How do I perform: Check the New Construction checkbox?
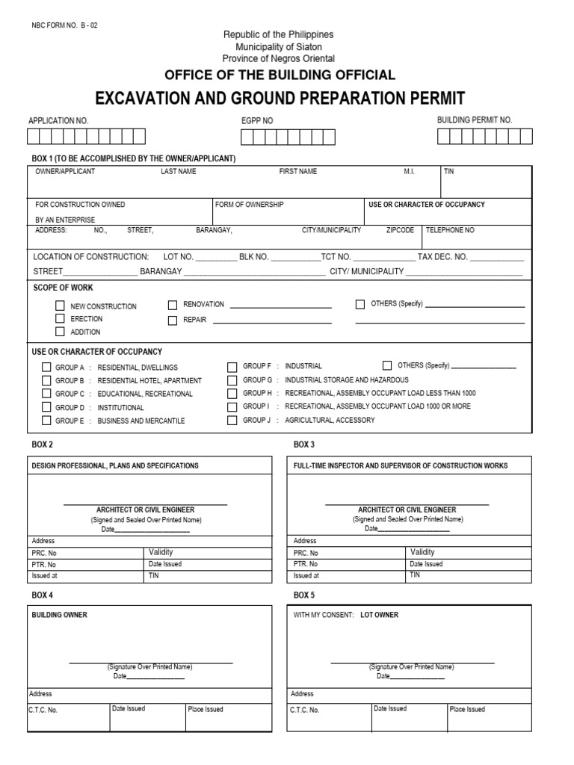tap(61, 306)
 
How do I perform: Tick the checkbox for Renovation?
tap(173, 305)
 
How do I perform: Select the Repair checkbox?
tap(173, 320)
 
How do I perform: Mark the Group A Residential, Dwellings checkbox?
tap(46, 367)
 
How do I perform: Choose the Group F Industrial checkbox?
tap(232, 366)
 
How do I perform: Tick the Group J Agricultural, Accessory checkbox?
tap(232, 420)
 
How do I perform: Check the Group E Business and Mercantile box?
tap(46, 421)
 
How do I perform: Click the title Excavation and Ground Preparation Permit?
tap(280, 98)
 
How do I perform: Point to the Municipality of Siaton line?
tap(279, 46)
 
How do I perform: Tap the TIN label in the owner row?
tap(449, 172)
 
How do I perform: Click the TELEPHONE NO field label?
tap(450, 230)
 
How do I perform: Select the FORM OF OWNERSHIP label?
tap(250, 204)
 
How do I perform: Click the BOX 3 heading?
tap(304, 445)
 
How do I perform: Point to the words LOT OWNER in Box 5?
tap(380, 615)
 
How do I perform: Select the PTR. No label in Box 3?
tap(306, 565)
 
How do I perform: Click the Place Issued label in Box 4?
tap(206, 709)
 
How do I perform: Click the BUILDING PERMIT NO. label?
tap(475, 120)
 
